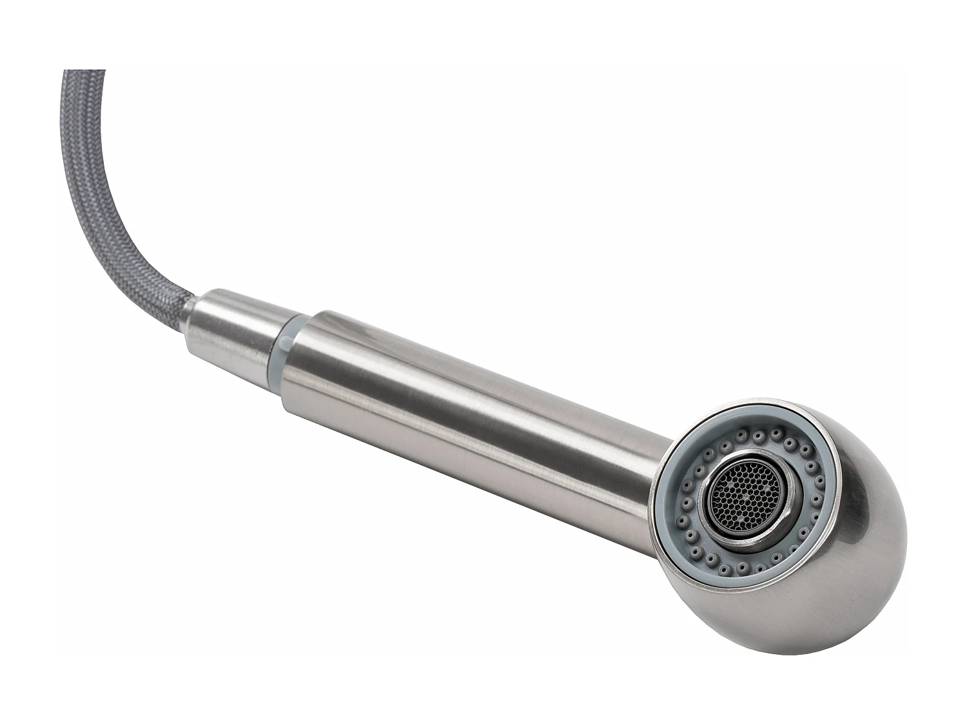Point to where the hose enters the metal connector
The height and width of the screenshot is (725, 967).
point(191,327)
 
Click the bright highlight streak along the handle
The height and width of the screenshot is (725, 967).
point(451,361)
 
